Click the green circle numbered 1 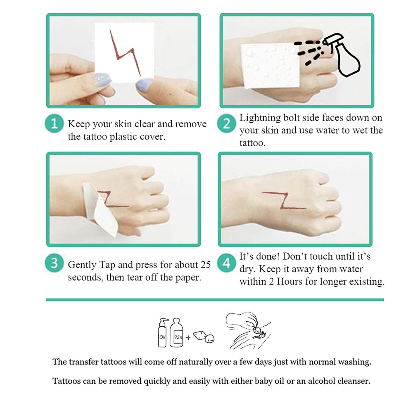pyautogui.click(x=54, y=123)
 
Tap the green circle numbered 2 pyautogui.click(x=226, y=123)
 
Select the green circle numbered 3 pyautogui.click(x=54, y=263)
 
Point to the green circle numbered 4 pyautogui.click(x=226, y=263)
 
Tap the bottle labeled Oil pyautogui.click(x=162, y=333)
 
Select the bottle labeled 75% pyautogui.click(x=176, y=333)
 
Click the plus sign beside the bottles pyautogui.click(x=188, y=337)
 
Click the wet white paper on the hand pyautogui.click(x=270, y=66)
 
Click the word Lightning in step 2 pyautogui.click(x=260, y=118)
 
